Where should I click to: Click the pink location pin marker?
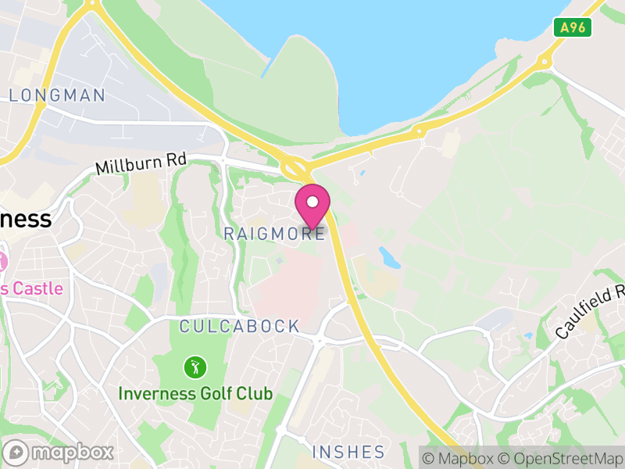click(312, 206)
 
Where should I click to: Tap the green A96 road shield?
click(573, 28)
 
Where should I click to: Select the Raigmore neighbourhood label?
click(273, 234)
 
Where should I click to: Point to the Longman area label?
click(57, 95)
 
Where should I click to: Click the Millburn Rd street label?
click(141, 163)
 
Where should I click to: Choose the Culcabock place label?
click(239, 326)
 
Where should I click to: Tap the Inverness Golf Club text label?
click(195, 392)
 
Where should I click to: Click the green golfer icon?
click(195, 367)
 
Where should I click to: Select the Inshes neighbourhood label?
click(348, 452)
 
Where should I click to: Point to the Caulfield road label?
click(591, 311)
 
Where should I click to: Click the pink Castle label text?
click(31, 288)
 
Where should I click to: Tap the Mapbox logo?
click(59, 452)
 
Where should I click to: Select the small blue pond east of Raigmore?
click(389, 256)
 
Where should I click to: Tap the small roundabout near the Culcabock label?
click(319, 340)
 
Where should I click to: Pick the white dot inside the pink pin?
click(312, 201)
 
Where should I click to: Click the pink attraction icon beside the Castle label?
click(2, 261)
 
